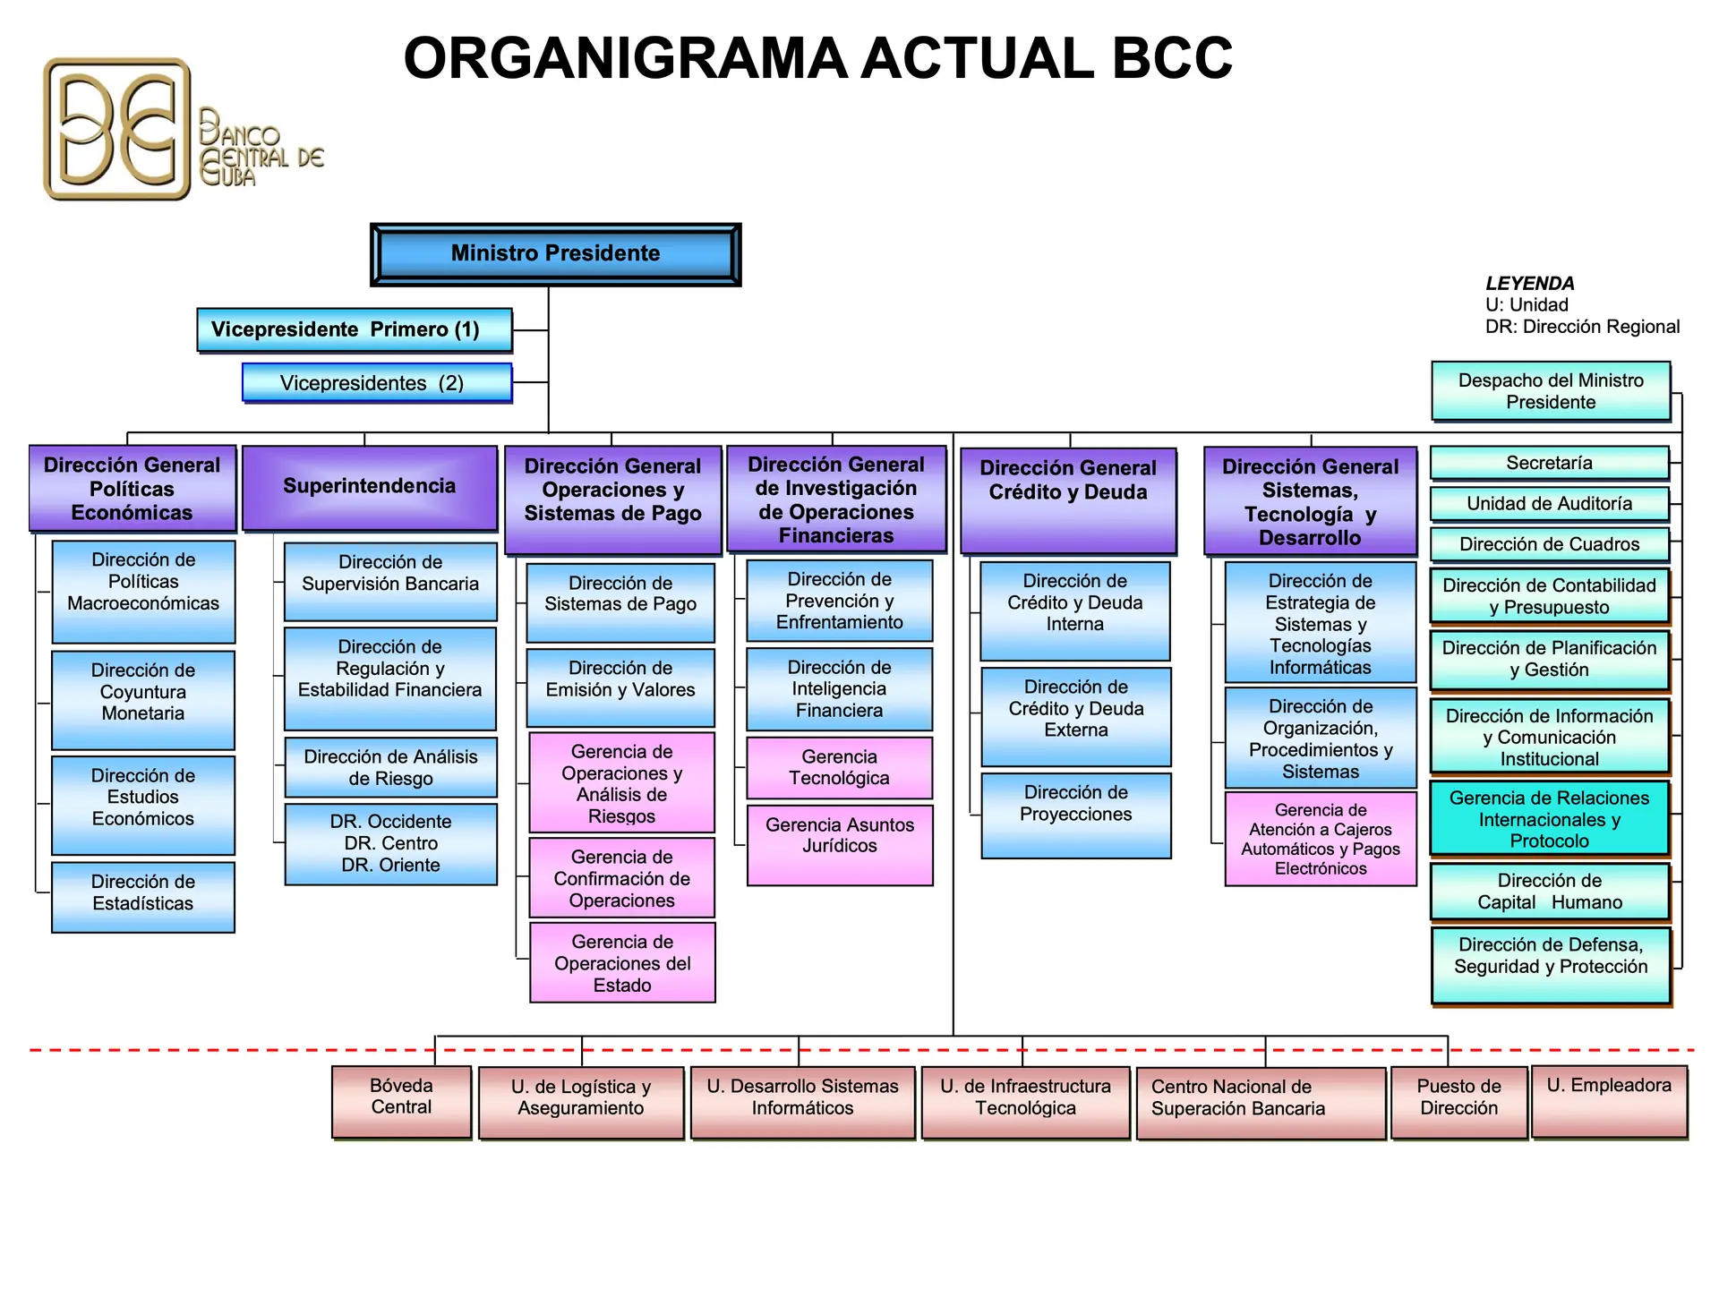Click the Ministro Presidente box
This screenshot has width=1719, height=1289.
point(555,254)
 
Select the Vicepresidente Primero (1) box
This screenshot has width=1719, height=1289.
point(355,330)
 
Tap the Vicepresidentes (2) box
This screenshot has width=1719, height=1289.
point(377,383)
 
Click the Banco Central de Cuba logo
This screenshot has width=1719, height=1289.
point(179,130)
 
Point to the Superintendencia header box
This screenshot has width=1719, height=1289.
point(370,487)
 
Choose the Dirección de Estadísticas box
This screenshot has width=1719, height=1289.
point(143,896)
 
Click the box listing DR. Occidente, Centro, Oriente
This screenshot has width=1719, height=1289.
point(390,843)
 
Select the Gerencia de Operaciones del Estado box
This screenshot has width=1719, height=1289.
point(622,962)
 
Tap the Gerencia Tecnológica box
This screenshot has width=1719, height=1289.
point(839,767)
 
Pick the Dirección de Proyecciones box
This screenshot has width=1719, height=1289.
point(1075,815)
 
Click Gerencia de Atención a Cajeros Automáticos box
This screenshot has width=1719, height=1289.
point(1321,839)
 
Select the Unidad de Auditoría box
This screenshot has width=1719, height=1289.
point(1549,504)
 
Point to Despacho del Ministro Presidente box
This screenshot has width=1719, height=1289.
point(1551,391)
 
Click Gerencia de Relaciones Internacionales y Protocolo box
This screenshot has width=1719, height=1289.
point(1549,818)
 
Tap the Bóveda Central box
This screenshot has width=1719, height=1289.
point(401,1101)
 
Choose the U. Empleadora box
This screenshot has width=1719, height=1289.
point(1609,1101)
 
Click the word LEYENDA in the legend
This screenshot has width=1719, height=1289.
point(1529,284)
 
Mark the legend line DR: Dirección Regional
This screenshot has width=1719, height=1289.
point(1582,327)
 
